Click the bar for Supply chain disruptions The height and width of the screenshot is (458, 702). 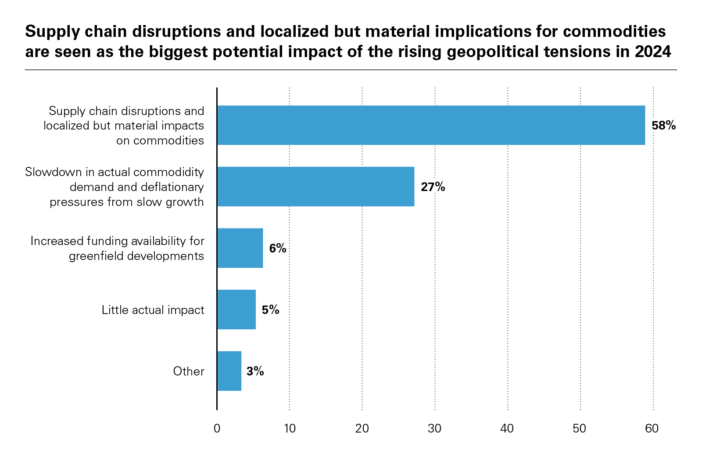tap(431, 125)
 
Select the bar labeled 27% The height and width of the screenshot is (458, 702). tap(315, 187)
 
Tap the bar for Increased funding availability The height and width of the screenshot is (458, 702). tap(240, 248)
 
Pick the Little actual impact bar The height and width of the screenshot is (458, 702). tap(236, 310)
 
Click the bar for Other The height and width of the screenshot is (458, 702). tap(229, 371)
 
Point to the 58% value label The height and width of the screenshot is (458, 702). tap(663, 126)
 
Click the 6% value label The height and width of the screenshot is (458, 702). tap(278, 249)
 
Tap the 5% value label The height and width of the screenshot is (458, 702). tap(270, 310)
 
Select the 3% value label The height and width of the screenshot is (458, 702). tap(255, 371)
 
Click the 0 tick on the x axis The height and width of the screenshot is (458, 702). tap(217, 429)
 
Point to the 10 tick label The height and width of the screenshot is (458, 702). tap(290, 429)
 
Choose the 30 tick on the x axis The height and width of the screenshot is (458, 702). tap(435, 429)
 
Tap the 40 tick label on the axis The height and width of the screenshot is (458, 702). tap(507, 429)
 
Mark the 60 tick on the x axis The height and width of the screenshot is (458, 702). tap(652, 429)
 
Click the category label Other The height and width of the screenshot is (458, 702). tap(189, 371)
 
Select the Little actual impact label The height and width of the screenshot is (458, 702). tap(153, 310)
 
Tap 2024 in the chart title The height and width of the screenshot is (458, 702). tap(653, 52)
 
